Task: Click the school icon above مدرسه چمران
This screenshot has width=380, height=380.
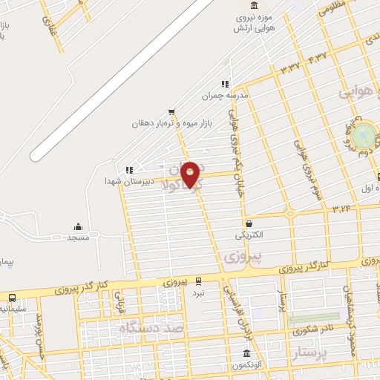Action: click(224, 84)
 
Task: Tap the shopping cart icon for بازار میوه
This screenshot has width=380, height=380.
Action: click(171, 111)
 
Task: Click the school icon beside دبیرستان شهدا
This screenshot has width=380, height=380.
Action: click(130, 170)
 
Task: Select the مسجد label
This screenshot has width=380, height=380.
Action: click(78, 238)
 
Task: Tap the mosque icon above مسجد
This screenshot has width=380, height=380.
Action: click(78, 226)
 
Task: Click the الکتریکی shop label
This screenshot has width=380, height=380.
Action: click(249, 235)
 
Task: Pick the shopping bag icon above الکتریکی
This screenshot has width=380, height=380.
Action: click(249, 223)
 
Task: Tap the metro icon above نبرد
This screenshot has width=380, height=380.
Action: click(198, 281)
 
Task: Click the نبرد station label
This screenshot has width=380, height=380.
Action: click(198, 292)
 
